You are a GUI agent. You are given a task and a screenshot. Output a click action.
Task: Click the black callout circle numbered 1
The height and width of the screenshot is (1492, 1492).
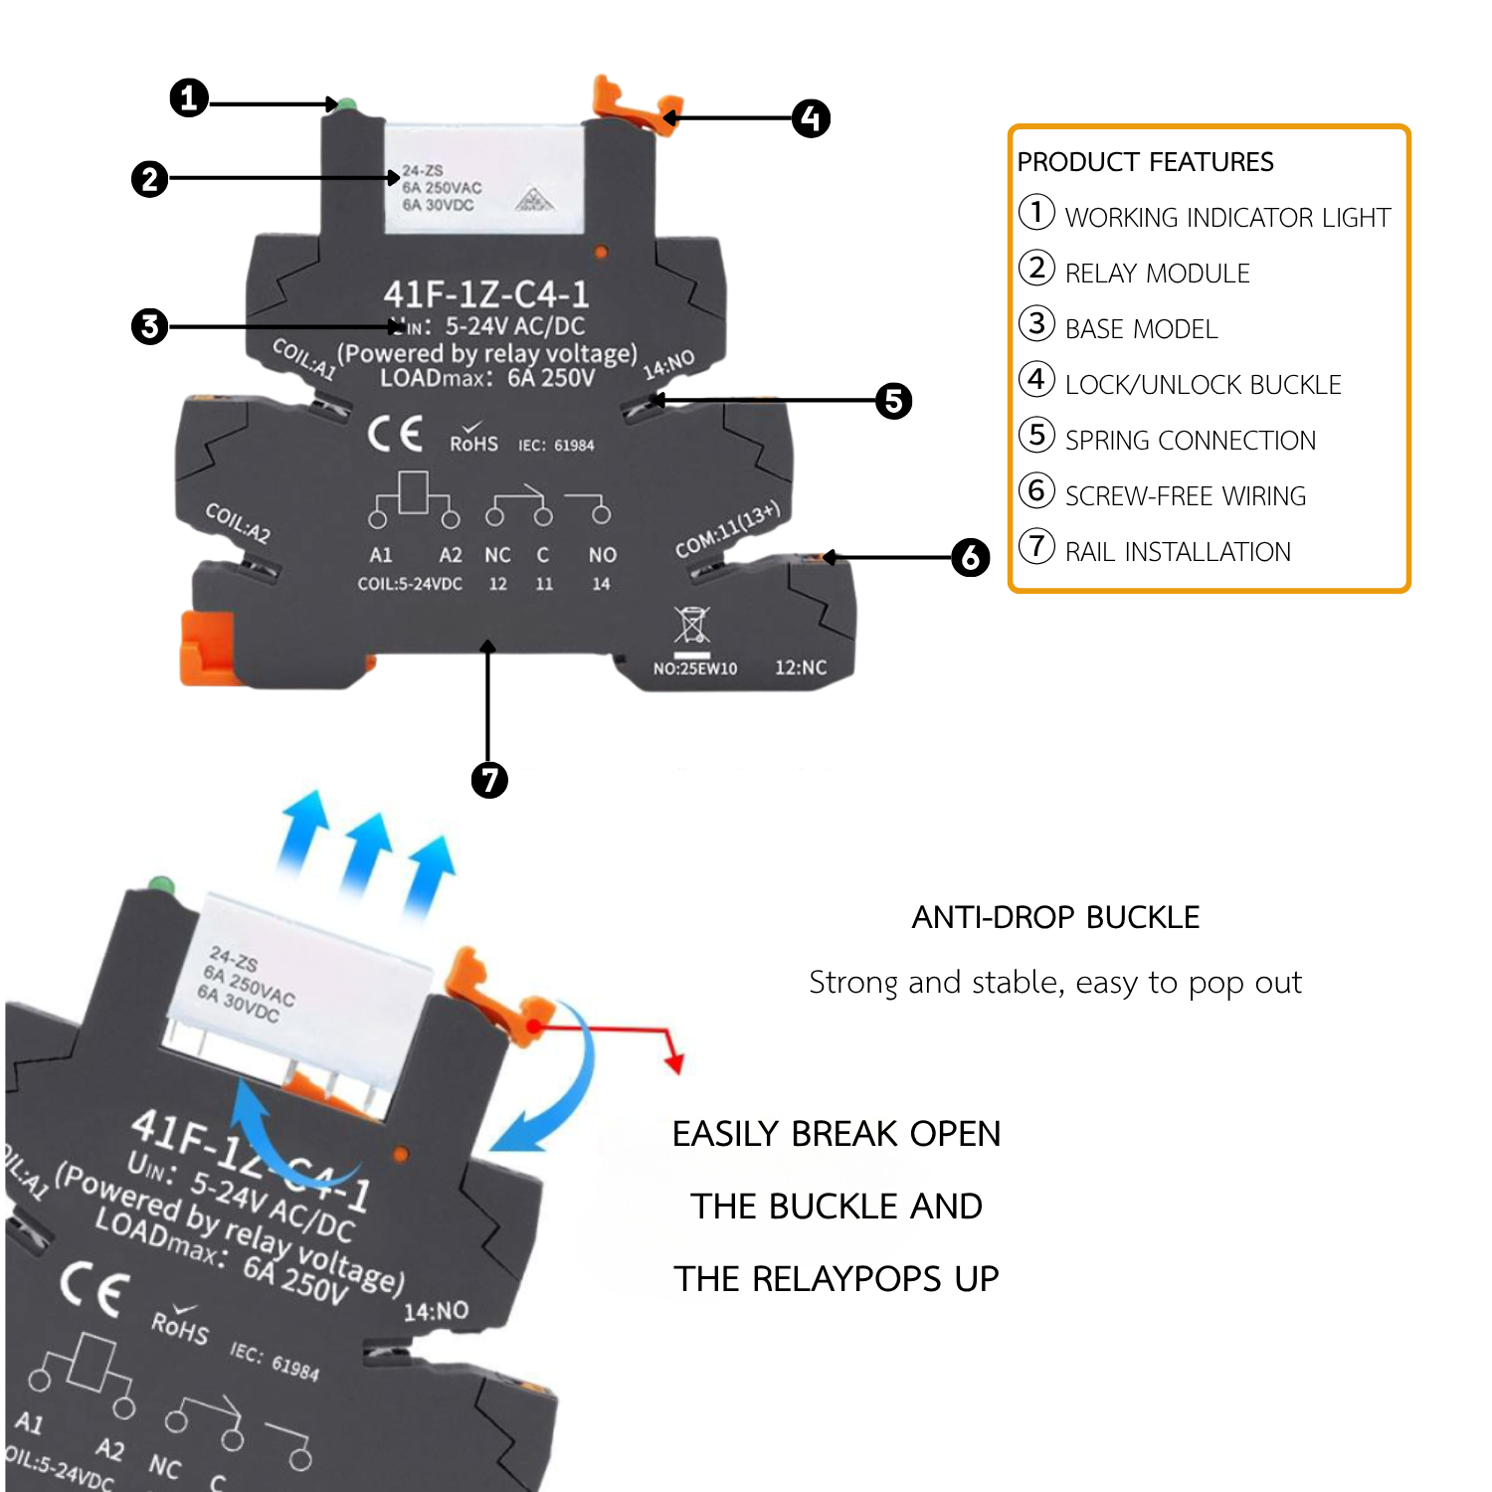click(189, 98)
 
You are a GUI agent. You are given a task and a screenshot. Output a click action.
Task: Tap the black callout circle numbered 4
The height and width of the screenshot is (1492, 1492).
click(811, 118)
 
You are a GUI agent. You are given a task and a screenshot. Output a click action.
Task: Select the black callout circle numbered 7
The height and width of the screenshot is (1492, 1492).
click(488, 780)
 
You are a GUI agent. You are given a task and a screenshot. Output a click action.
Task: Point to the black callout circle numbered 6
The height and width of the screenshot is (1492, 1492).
click(970, 558)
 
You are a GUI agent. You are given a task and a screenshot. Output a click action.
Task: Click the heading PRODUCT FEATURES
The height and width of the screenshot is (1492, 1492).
click(1145, 162)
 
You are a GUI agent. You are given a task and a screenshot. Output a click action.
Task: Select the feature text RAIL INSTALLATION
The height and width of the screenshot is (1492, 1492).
click(1178, 552)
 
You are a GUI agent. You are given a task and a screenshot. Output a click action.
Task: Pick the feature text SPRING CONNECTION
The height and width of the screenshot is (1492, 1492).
click(1190, 441)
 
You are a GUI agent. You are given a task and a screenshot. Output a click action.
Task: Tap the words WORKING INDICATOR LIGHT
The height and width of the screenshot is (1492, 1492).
click(1227, 218)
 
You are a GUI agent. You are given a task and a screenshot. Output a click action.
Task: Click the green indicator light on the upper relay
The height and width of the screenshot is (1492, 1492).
click(347, 104)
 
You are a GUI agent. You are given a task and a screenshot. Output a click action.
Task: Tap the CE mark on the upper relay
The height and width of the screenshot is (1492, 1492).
click(395, 434)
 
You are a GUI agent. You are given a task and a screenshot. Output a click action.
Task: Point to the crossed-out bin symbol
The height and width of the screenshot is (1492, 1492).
click(692, 626)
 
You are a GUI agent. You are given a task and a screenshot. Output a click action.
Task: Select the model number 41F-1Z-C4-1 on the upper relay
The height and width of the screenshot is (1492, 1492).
click(486, 294)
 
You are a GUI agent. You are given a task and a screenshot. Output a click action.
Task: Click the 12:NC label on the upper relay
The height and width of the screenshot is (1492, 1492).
click(801, 667)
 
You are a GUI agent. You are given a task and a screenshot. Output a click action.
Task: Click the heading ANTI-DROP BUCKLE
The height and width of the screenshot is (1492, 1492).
click(1055, 917)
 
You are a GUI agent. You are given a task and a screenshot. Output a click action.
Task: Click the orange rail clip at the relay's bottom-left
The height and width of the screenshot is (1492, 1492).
click(207, 648)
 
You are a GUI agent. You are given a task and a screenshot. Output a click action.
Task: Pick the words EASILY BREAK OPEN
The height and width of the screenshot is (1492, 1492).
click(837, 1134)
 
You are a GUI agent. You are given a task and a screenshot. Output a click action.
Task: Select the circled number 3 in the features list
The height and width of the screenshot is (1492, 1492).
click(1036, 323)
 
